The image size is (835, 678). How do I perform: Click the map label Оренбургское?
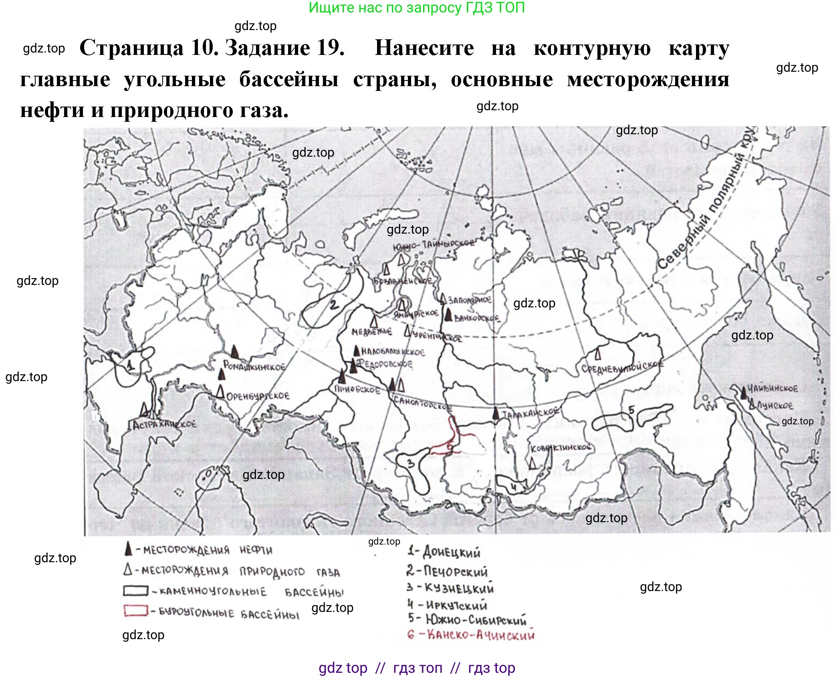[258, 396]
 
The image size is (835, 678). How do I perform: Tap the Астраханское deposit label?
[164, 424]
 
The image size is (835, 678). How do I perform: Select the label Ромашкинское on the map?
[254, 366]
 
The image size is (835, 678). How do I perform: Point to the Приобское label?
[357, 389]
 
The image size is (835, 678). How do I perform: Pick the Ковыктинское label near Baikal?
[561, 448]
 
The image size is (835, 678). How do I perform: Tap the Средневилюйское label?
[622, 367]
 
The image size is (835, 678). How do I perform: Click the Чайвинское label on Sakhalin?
[773, 388]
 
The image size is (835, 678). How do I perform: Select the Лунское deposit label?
[774, 406]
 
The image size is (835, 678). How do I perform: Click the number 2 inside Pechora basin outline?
[334, 305]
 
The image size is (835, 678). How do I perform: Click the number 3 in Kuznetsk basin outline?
[410, 464]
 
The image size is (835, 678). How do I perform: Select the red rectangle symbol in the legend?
[135, 610]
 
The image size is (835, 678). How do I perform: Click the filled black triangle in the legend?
[128, 549]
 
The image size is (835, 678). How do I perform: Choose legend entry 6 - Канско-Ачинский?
[471, 635]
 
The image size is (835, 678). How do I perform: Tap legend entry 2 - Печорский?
[447, 571]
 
